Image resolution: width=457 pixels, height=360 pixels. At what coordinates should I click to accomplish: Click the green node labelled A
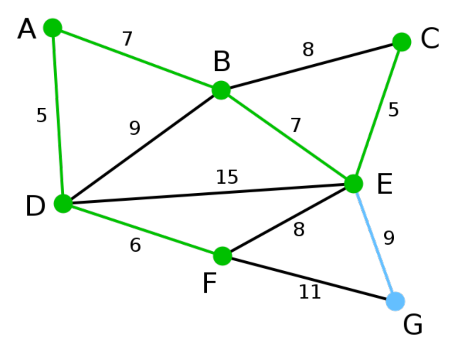[x=52, y=28]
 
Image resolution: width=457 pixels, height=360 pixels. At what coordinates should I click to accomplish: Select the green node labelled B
[x=221, y=90]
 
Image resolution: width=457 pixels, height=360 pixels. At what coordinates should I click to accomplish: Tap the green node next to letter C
[x=402, y=42]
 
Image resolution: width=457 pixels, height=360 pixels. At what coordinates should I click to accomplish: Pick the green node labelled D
[x=63, y=203]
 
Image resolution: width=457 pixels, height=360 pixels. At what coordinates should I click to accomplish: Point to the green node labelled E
[x=354, y=184]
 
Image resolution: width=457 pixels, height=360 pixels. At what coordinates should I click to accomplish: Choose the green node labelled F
[x=222, y=256]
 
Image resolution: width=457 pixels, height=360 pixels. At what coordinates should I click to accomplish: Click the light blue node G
[x=395, y=301]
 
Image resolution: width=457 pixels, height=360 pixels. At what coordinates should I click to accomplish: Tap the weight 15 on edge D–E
[x=227, y=177]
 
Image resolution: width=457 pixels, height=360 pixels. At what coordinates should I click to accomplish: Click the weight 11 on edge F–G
[x=310, y=292]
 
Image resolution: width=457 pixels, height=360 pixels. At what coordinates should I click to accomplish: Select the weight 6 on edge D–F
[x=135, y=245]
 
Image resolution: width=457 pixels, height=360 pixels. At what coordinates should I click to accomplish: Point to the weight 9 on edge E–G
[x=389, y=238]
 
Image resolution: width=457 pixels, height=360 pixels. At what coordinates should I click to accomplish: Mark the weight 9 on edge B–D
[x=135, y=128]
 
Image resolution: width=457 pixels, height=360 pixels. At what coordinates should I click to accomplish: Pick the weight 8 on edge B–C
[x=308, y=49]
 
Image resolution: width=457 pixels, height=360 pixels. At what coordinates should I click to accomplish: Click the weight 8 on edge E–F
[x=299, y=229]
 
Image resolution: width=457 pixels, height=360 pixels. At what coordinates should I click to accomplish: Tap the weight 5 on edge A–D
[x=42, y=115]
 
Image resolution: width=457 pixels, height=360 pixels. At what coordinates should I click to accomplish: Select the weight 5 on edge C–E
[x=393, y=110]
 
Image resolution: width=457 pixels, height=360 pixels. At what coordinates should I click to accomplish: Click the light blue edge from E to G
[x=374, y=242]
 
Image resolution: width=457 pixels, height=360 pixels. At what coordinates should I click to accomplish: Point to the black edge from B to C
[x=311, y=66]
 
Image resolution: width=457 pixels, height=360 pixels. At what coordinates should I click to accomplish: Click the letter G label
[x=413, y=325]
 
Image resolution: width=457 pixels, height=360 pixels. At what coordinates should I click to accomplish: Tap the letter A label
[x=27, y=29]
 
